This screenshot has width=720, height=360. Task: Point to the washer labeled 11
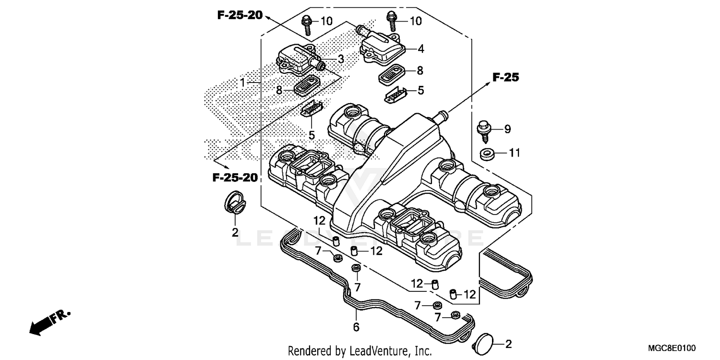click(487, 155)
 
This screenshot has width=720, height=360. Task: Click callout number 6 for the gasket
click(356, 327)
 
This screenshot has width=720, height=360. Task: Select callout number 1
click(243, 83)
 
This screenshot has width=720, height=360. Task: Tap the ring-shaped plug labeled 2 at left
click(235, 202)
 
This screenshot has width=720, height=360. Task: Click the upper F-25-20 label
click(240, 15)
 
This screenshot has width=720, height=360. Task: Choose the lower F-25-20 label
click(235, 178)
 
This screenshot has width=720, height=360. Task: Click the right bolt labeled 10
click(391, 21)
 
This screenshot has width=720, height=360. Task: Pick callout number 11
click(515, 153)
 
